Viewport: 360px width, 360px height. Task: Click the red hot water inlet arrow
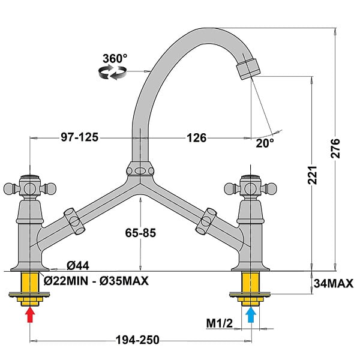point(30,315)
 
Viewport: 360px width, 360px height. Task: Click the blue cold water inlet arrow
point(251,315)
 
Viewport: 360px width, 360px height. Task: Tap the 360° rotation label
point(115,59)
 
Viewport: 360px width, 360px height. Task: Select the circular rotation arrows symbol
point(112,72)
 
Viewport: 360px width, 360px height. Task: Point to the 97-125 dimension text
point(79,137)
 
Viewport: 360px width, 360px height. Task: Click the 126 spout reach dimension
point(197,138)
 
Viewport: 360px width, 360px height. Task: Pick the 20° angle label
point(265,143)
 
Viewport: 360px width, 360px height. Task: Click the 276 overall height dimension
point(335,148)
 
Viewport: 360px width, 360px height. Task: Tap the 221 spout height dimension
point(312,175)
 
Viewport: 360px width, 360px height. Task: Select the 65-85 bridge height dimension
point(140,233)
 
